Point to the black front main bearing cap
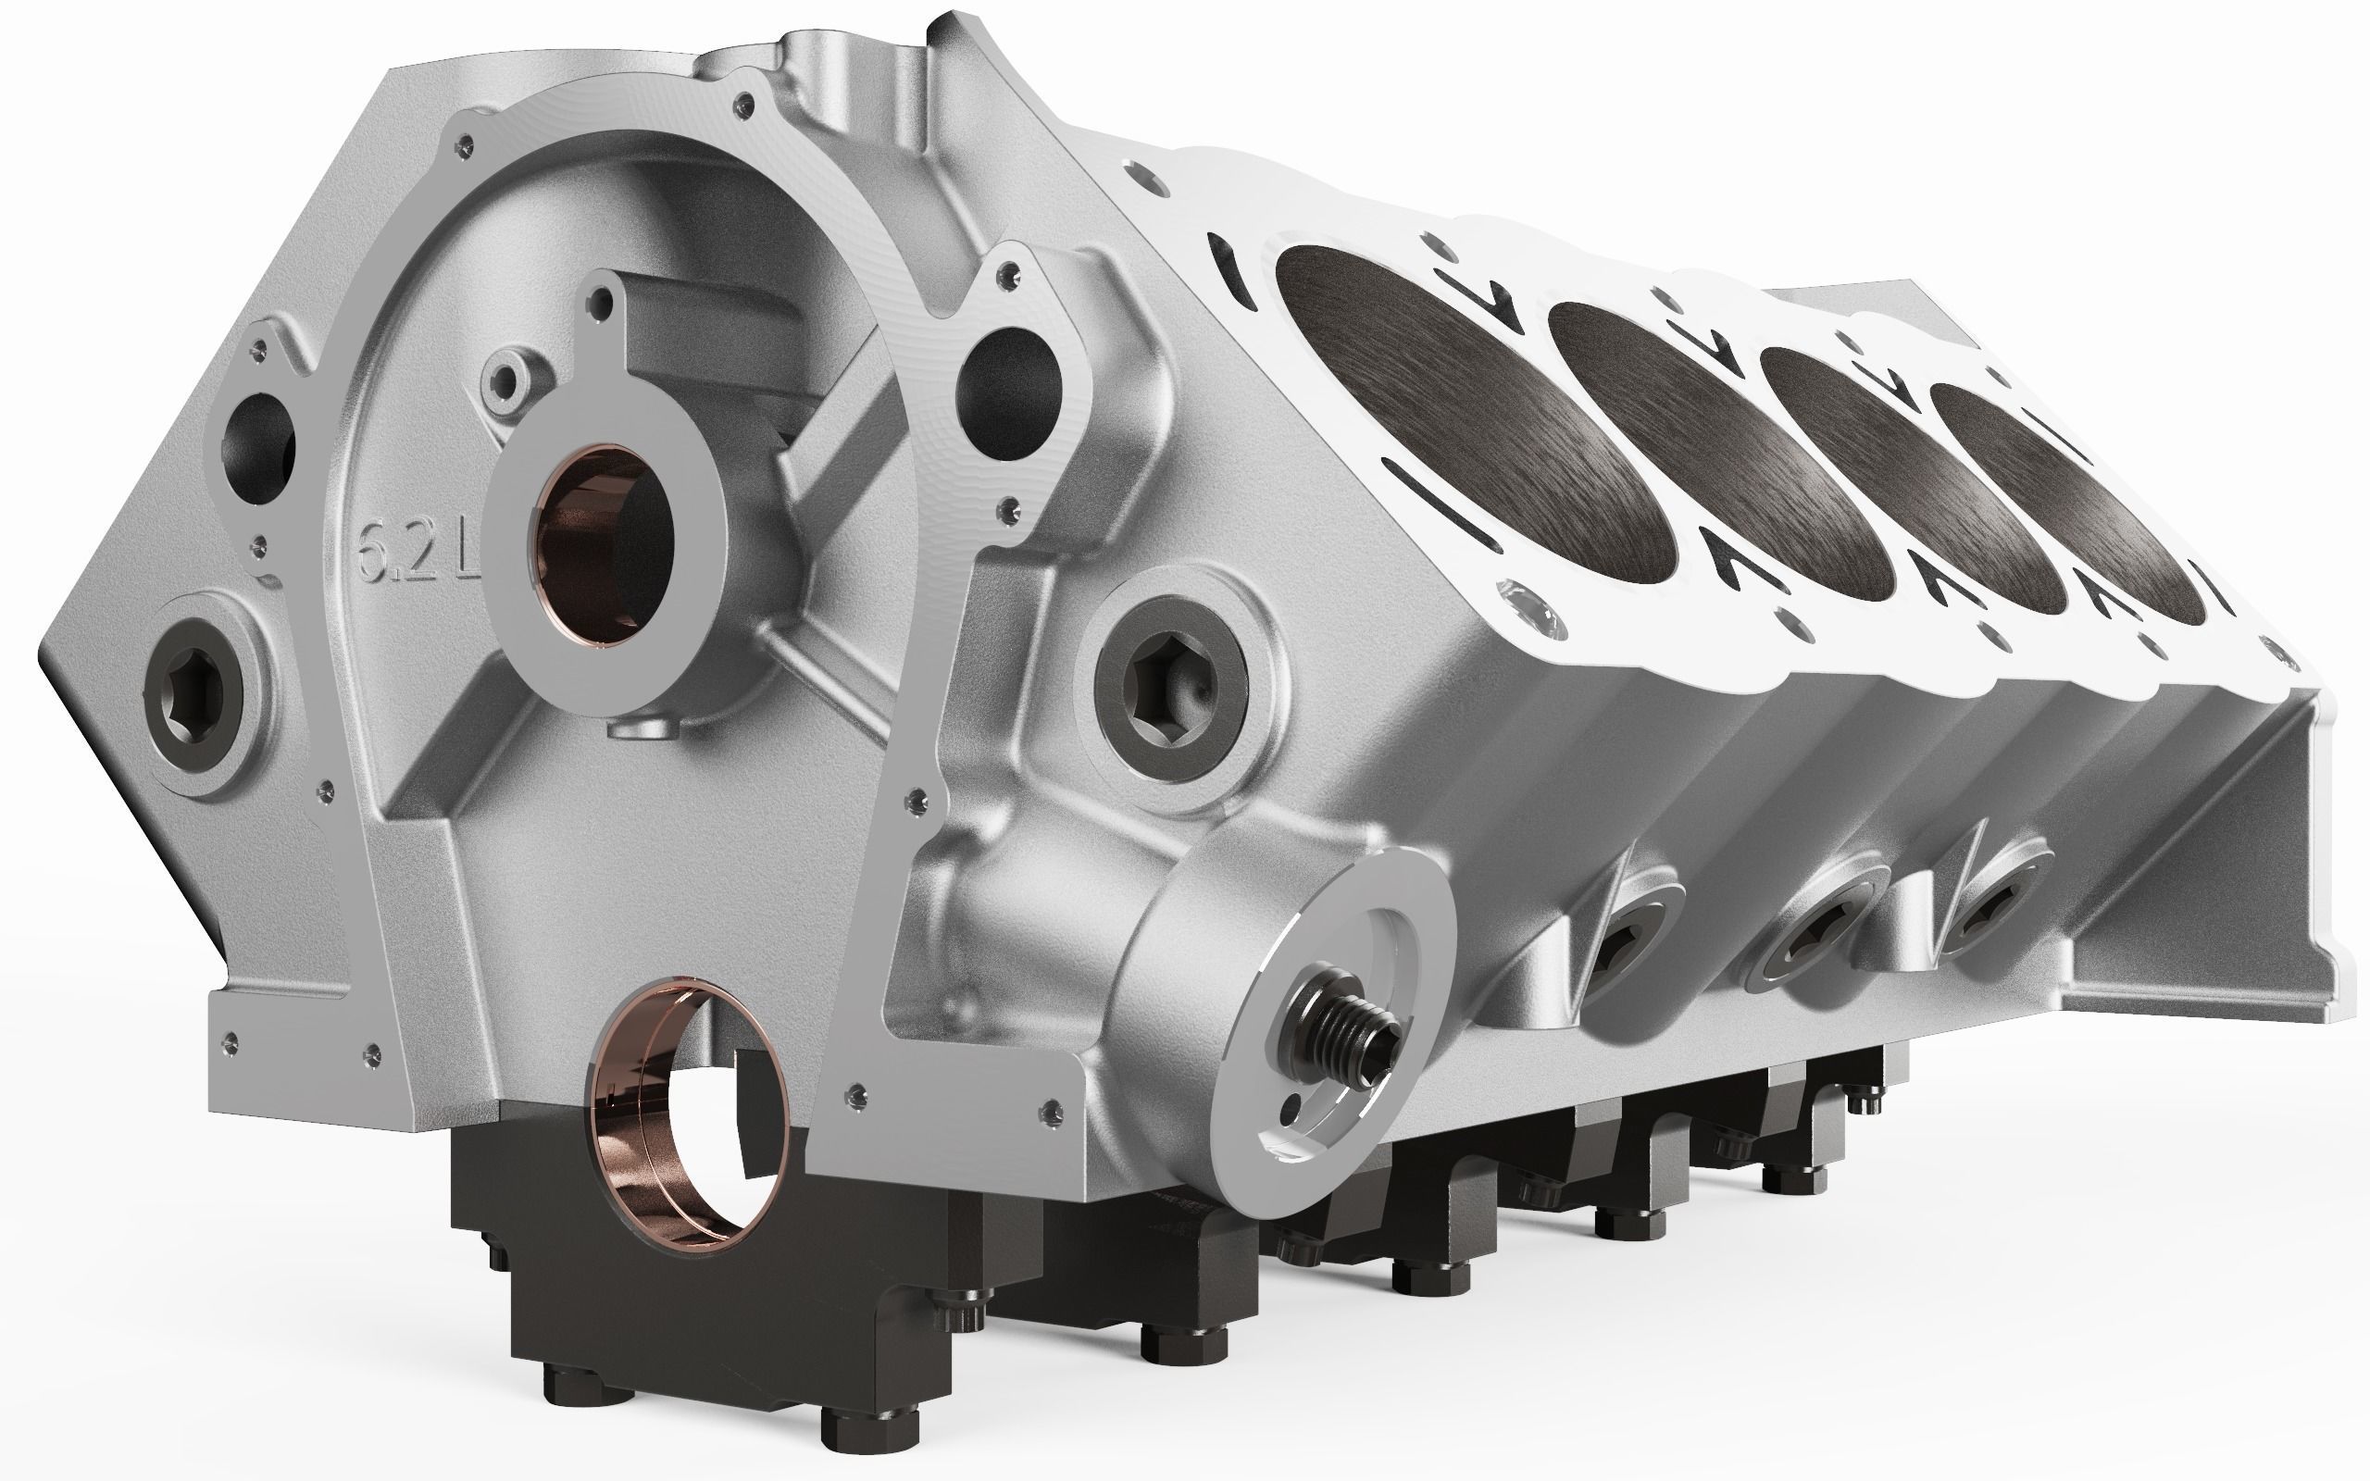685,1302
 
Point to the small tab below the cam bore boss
642,729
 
